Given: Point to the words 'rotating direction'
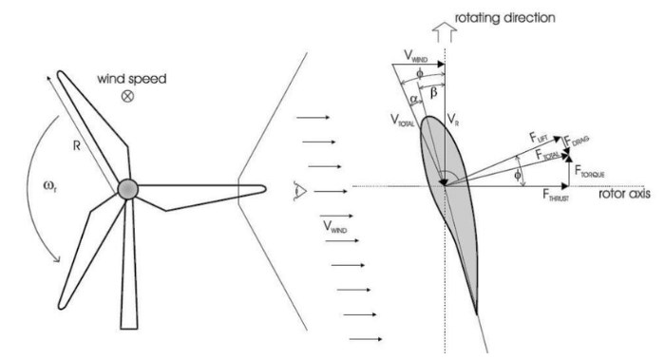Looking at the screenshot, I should (505, 14).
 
